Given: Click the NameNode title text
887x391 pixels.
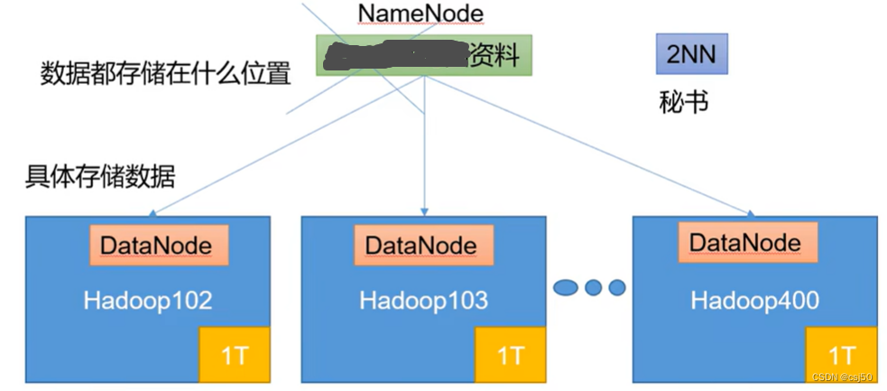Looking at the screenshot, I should click(x=420, y=14).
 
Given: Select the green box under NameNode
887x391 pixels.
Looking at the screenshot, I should click(x=424, y=56).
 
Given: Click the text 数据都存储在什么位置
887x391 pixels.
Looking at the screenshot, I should click(x=165, y=72).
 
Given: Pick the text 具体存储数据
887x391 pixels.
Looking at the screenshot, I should click(x=99, y=175).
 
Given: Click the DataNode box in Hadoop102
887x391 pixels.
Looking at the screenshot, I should click(x=156, y=245).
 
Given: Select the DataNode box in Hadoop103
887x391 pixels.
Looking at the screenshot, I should click(x=420, y=245).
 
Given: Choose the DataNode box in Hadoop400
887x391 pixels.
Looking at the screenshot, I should click(x=744, y=242).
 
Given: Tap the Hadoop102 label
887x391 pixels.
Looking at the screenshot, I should click(x=148, y=300).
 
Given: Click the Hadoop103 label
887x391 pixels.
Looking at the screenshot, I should click(x=423, y=300).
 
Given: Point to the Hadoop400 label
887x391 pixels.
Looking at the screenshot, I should click(x=755, y=300).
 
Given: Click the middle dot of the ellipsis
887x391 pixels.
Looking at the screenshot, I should click(x=593, y=288).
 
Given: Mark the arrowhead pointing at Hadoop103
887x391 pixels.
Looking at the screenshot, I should click(x=425, y=213).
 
